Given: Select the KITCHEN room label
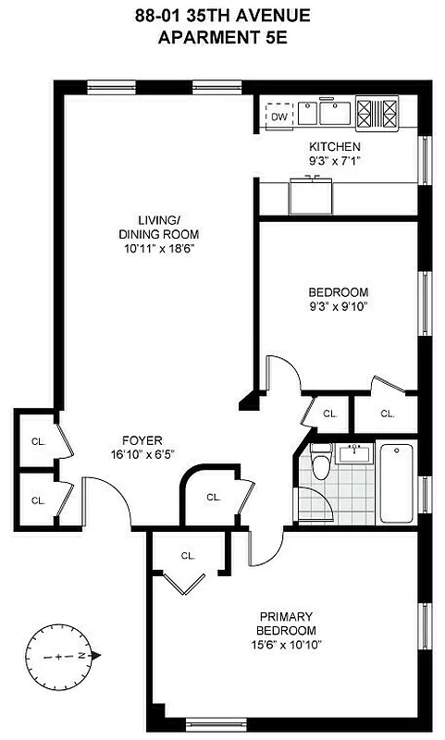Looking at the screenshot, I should (334, 147).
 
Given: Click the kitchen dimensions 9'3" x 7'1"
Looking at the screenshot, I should (334, 160).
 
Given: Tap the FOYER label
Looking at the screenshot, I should (142, 440).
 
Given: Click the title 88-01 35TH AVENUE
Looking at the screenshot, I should (221, 15).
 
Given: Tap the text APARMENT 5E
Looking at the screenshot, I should (221, 37).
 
